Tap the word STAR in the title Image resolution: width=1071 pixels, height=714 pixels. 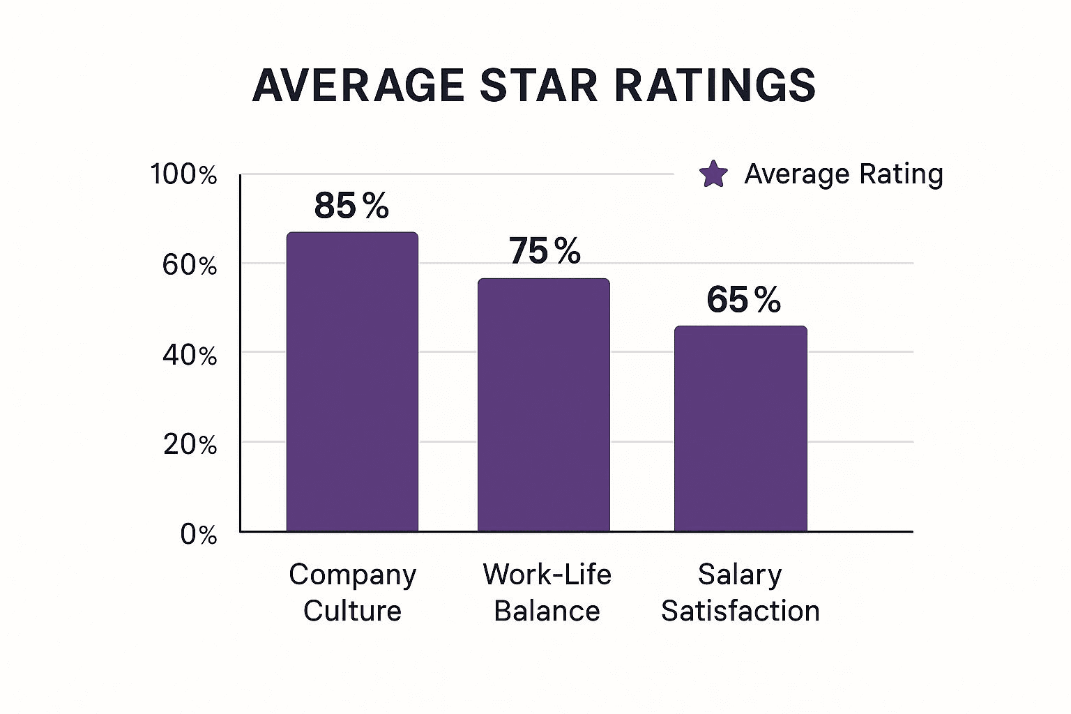pos(538,86)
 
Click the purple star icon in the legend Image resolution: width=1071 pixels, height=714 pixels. pos(713,174)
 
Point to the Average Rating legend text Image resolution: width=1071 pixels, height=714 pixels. pos(844,174)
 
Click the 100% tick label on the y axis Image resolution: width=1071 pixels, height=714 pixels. pos(183,174)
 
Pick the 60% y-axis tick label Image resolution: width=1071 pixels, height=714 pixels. pos(190,265)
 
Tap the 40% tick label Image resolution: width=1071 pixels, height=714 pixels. pos(190,356)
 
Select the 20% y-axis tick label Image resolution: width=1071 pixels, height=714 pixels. pos(190,444)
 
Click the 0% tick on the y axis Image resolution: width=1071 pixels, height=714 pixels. pos(199,535)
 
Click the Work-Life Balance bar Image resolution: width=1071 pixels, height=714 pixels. pos(543,405)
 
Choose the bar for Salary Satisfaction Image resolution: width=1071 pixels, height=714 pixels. pos(740,429)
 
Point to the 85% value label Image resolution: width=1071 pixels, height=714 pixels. pos(351,206)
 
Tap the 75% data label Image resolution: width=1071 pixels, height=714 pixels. pos(545,251)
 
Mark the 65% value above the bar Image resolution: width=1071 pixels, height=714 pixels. pos(743,300)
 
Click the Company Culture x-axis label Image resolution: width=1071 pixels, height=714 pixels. pos(352,592)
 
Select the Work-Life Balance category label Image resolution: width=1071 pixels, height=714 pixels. pos(547,592)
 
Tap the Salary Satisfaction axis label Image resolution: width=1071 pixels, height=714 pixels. pos(740,592)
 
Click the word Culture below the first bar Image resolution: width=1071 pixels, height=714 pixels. pos(352,611)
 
